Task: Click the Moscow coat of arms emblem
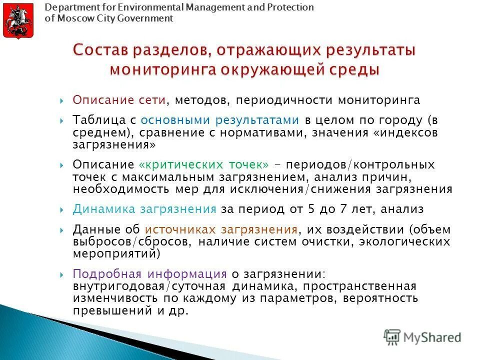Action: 18,21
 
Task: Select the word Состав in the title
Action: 100,50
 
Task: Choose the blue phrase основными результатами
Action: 220,120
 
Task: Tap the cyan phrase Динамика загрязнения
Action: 144,209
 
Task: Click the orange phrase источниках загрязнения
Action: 221,229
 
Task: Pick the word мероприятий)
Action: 116,254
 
